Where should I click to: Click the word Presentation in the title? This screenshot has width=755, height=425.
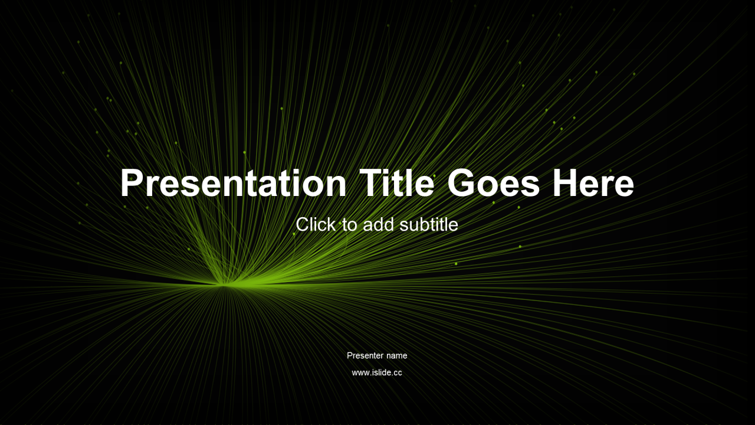(x=233, y=182)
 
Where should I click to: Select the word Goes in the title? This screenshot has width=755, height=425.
(x=494, y=182)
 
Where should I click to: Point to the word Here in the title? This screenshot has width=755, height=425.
(x=593, y=182)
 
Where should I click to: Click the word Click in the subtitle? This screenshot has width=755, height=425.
(x=316, y=224)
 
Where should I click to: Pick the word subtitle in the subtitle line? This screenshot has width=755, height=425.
(x=429, y=224)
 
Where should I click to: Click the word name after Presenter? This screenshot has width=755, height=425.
(x=397, y=356)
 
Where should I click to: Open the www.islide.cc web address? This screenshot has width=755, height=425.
(x=377, y=372)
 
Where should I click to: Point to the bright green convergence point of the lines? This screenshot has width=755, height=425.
(x=224, y=285)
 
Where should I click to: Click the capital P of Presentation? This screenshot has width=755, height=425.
(x=132, y=182)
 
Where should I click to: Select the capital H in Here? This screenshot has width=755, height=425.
(x=566, y=182)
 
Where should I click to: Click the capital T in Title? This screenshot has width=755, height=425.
(x=371, y=182)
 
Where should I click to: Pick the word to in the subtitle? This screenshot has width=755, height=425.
(x=350, y=225)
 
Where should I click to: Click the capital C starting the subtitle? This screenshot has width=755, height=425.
(x=302, y=224)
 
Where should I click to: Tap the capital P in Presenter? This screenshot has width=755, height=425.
(x=350, y=355)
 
